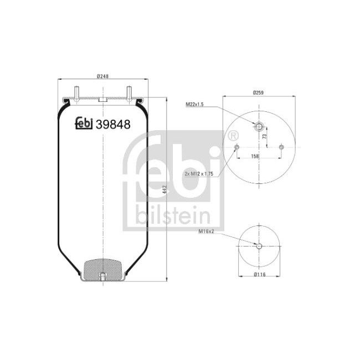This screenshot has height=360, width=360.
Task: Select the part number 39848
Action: click(113, 125)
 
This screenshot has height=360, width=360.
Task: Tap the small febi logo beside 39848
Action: click(84, 125)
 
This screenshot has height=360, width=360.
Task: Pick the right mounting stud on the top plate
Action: click(128, 92)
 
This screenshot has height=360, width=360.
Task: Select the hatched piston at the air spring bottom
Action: click(103, 270)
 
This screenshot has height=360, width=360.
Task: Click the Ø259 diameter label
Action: click(258, 92)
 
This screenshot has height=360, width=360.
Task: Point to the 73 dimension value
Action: click(264, 136)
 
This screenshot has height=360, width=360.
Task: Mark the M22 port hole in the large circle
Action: click(258, 127)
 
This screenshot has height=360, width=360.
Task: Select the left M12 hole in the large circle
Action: click(236, 147)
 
